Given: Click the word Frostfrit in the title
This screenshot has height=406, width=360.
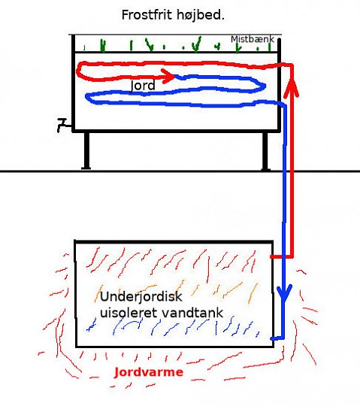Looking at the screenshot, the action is tap(147, 15).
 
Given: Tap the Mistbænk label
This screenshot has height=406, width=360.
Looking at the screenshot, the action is tap(253, 39).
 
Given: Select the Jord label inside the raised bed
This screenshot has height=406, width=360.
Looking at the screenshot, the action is tap(143, 86).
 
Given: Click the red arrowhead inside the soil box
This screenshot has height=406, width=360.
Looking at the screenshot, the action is tap(169, 76).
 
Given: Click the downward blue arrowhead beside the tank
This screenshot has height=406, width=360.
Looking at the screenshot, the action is tap(284, 294).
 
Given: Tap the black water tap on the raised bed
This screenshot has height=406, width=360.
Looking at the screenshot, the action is tap(62, 125).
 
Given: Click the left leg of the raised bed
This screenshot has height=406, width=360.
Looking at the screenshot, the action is tap(86, 150).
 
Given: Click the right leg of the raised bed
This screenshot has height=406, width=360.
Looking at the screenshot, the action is tap(265, 151).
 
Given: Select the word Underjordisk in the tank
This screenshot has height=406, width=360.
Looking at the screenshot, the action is tap(141, 296).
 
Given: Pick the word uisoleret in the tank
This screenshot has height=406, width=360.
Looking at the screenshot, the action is tap(129, 313).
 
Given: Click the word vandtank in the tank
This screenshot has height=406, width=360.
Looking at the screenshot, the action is tap(192, 313).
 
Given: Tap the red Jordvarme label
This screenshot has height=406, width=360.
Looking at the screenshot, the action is tap(149, 372).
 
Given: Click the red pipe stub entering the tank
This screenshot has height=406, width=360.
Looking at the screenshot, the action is tap(281, 256).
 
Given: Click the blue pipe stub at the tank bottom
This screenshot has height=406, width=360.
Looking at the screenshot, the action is tap(277, 338).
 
